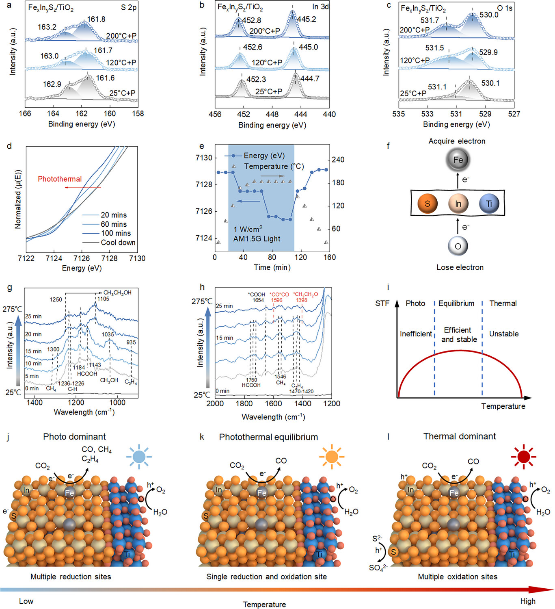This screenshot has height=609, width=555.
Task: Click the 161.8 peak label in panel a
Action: [x=96, y=19]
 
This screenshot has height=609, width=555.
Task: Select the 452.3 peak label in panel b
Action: [x=256, y=79]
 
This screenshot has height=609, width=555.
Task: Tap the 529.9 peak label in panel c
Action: [x=488, y=52]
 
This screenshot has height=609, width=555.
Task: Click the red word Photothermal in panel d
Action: [x=60, y=179]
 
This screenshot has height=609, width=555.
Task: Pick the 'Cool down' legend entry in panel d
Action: [x=118, y=243]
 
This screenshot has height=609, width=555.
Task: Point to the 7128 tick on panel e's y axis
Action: [x=204, y=184]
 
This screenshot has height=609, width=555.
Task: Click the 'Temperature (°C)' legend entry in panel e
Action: [x=274, y=167]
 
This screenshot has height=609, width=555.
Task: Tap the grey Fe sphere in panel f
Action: [x=458, y=160]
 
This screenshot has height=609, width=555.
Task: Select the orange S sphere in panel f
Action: [x=427, y=204]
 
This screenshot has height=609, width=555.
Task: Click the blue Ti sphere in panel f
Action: [x=489, y=204]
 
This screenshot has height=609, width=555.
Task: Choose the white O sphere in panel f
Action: [x=458, y=246]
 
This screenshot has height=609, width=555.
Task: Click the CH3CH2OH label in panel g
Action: [x=117, y=293]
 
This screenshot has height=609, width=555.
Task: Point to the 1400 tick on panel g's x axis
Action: [x=34, y=403]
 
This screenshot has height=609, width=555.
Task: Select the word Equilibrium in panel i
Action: [x=456, y=303]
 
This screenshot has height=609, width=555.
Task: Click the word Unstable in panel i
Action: [x=503, y=334]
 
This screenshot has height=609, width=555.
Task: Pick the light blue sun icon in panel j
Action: [x=139, y=457]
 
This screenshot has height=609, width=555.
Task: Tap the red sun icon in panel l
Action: [x=523, y=457]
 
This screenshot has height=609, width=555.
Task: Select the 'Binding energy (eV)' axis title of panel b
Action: [x=272, y=125]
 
